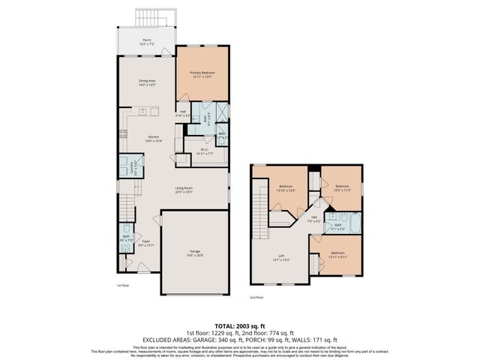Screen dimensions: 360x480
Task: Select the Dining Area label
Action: [146, 82]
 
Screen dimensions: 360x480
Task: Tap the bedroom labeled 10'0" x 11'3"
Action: [342, 187]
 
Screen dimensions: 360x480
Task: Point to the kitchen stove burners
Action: [123, 135]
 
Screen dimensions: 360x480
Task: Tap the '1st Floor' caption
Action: [123, 286]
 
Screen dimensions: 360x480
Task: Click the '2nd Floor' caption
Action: [256, 297]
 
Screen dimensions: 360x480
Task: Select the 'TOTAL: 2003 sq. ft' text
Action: [240, 324]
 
